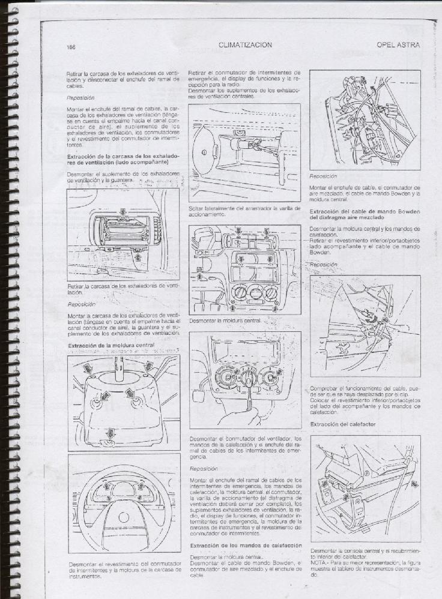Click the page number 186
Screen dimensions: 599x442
(71, 46)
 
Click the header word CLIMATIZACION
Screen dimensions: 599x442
(246, 45)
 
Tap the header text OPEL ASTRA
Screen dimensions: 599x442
(398, 45)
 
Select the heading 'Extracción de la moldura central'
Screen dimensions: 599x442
(112, 346)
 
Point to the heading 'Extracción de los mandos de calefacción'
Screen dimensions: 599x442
(246, 545)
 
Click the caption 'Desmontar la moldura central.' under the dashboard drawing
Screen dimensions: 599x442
(225, 321)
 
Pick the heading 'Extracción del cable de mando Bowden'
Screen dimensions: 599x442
(365, 211)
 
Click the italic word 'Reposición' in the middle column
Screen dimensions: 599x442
(204, 468)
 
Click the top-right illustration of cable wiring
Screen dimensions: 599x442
(365, 119)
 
